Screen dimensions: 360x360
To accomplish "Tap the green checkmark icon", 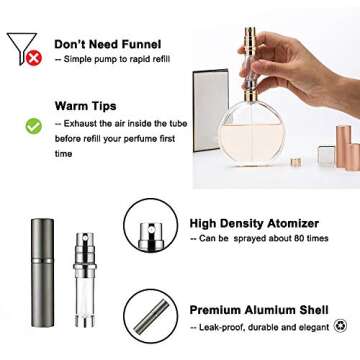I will click(33, 126).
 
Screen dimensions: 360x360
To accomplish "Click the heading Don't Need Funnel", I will click(107, 45).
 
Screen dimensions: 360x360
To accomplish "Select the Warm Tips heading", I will click(85, 105).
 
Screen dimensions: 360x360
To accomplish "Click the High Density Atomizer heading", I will click(254, 223).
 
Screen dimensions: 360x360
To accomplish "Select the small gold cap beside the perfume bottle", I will click(296, 161).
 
